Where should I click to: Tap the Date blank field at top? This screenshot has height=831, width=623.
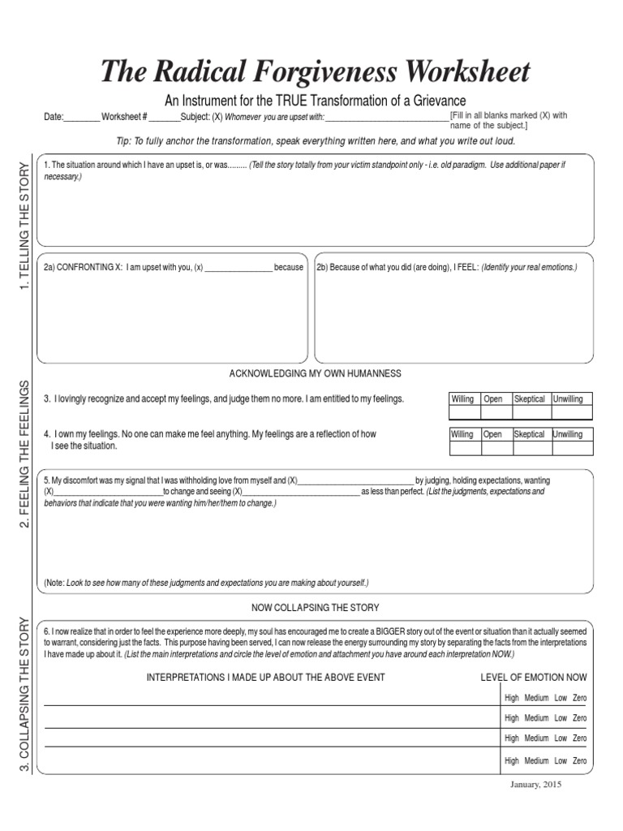pyautogui.click(x=81, y=118)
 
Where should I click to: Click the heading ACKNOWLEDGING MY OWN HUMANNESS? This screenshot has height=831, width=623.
pyautogui.click(x=316, y=373)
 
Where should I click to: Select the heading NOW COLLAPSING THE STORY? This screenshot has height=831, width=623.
pyautogui.click(x=316, y=608)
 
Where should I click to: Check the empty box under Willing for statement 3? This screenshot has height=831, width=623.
pyautogui.click(x=464, y=412)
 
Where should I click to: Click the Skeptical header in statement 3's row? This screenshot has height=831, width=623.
pyautogui.click(x=530, y=399)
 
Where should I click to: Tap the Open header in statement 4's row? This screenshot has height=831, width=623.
pyautogui.click(x=493, y=434)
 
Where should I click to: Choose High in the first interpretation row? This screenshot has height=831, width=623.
pyautogui.click(x=512, y=698)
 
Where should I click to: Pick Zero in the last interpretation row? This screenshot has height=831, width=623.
pyautogui.click(x=579, y=761)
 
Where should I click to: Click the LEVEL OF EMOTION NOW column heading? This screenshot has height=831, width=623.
pyautogui.click(x=534, y=678)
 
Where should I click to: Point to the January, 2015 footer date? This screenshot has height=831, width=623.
pyautogui.click(x=535, y=786)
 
